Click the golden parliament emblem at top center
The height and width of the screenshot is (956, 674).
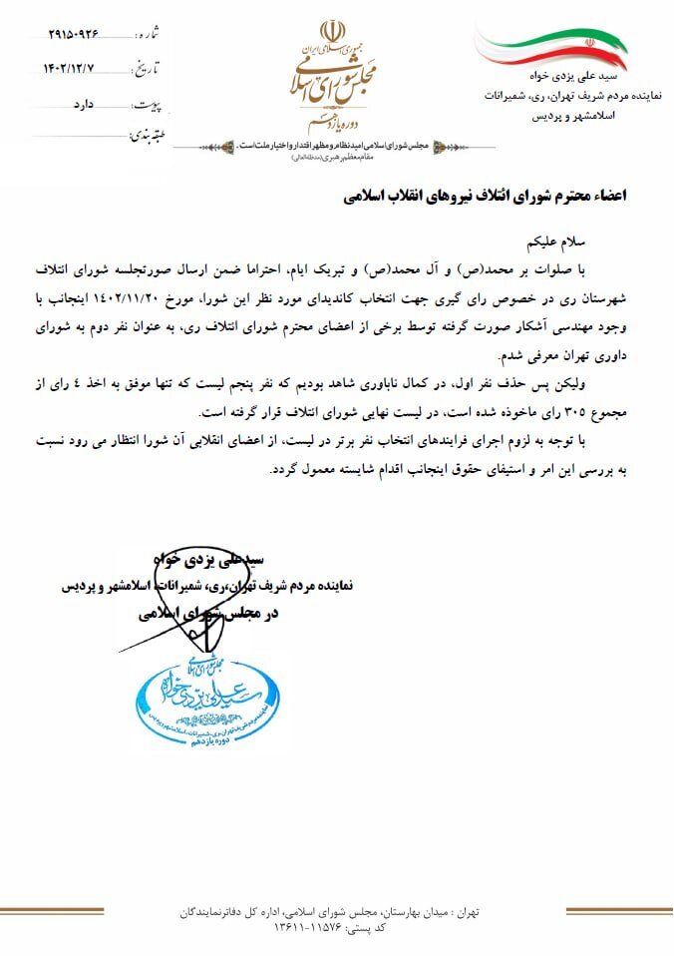tap(334, 75)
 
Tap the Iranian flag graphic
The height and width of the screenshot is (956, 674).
tap(550, 46)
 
